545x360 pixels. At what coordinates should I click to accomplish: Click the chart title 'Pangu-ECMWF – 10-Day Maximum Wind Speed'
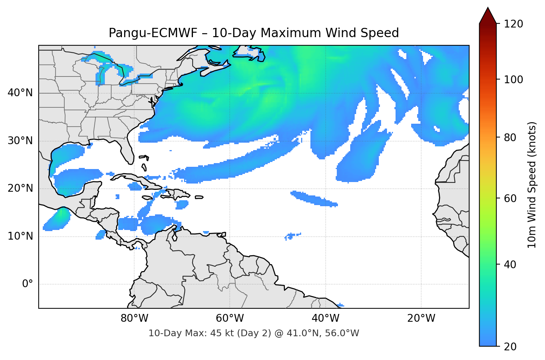click(254, 33)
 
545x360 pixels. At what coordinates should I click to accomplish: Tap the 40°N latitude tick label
click(20, 93)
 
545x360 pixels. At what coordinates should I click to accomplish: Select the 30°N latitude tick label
click(20, 141)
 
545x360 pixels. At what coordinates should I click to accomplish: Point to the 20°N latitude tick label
click(20, 188)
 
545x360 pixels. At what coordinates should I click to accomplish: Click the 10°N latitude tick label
click(20, 236)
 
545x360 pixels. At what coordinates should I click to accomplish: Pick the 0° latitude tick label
click(27, 284)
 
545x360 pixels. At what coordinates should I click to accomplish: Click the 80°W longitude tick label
click(134, 318)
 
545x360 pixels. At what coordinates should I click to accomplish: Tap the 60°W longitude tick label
click(230, 318)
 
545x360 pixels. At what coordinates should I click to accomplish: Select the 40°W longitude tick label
click(325, 318)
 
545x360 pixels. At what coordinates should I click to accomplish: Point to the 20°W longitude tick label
click(421, 318)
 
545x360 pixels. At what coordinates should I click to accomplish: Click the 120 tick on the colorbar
click(513, 24)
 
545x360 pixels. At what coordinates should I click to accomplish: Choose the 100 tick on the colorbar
click(513, 80)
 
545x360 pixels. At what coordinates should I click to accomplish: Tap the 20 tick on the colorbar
click(510, 346)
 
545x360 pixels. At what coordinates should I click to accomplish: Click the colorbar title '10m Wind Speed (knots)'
click(532, 185)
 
